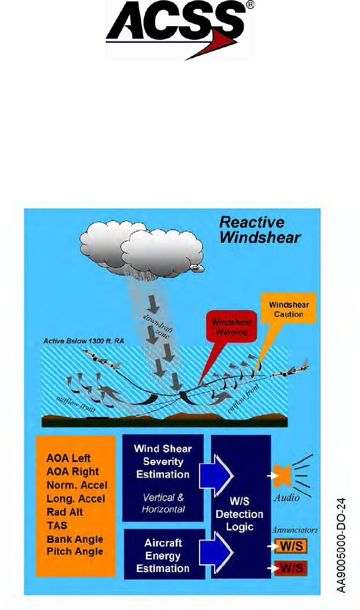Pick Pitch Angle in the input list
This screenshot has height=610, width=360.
74,552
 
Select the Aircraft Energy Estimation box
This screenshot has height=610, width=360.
162,556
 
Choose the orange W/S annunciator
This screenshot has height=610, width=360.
289,545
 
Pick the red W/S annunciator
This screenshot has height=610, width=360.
289,568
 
